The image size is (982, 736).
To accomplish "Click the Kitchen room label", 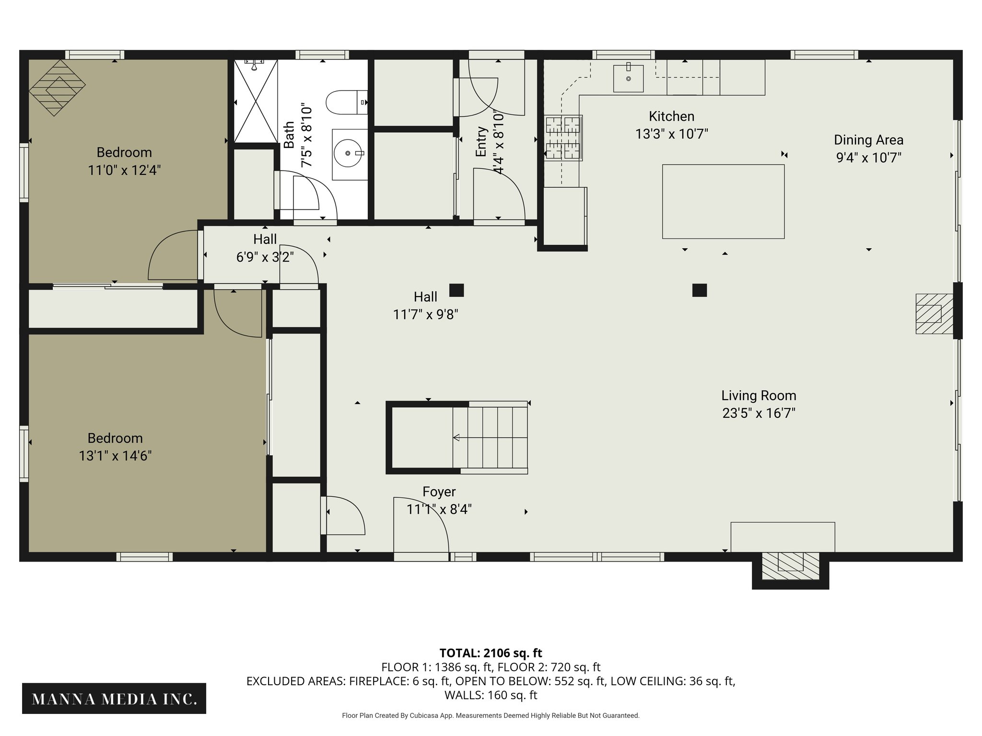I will (671, 116).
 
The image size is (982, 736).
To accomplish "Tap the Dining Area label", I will (868, 140).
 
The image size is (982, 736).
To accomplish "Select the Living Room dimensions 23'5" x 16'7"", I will (759, 413).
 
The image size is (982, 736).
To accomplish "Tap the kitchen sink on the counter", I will (628, 78).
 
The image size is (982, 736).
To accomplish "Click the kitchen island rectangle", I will (723, 201).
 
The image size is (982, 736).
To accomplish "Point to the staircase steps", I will (490, 437).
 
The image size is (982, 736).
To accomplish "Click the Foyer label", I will (439, 492).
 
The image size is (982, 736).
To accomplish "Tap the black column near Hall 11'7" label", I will (456, 290).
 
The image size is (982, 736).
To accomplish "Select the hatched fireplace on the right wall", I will (934, 313).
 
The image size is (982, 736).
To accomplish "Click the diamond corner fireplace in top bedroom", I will (57, 88).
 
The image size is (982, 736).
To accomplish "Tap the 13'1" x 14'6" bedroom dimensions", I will (115, 456).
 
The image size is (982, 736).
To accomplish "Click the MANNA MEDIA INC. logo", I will (114, 699).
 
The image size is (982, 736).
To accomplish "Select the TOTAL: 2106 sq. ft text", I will (491, 653).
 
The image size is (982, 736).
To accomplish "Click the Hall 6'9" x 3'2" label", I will (265, 248).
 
